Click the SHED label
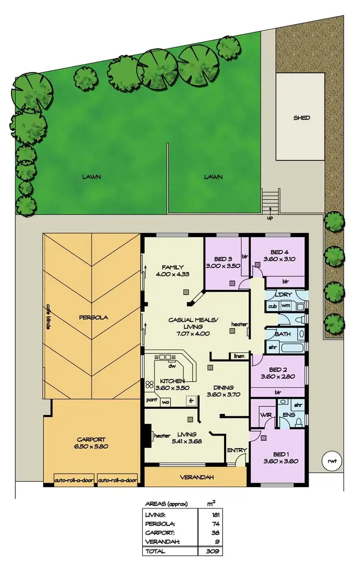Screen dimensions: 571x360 [301, 118]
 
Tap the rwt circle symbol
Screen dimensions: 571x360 [331, 461]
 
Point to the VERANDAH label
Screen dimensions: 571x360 [197, 477]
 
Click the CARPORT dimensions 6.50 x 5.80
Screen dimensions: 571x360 [91, 446]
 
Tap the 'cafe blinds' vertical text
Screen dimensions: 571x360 [48, 317]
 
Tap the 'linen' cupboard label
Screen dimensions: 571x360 [239, 356]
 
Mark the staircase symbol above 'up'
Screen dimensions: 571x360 [271, 198]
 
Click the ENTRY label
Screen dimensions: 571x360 [237, 450]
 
